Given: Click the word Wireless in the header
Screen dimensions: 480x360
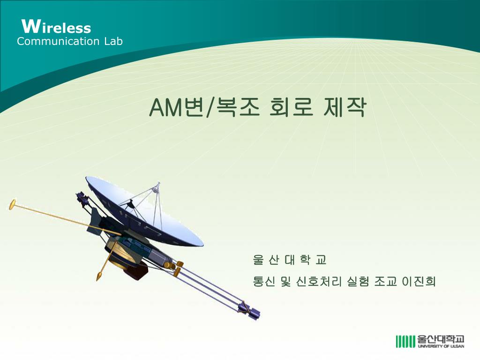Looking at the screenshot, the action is pos(56,26).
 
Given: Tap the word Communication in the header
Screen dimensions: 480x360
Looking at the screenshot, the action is pos(58,41).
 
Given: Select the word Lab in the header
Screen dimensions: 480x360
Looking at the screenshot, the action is pos(113,41).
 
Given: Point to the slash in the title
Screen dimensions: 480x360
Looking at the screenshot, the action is pos(210,108).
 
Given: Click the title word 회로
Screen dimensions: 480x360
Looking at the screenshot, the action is pos(292,107).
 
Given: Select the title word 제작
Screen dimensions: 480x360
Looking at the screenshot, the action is pos(345,107).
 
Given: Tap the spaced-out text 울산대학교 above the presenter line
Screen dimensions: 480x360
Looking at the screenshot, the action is pos(290,260).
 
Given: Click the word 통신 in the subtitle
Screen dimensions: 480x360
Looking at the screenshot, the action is pos(264,281).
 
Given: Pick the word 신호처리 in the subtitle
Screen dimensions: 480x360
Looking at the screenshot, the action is pos(319,281).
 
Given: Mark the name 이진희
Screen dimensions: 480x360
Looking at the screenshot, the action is pos(419,281).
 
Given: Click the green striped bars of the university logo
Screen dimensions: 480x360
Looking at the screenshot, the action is pos(405,342).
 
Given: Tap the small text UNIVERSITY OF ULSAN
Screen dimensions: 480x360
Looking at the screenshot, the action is pos(441,346).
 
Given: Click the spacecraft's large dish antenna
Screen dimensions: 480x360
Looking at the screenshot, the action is pos(144,211).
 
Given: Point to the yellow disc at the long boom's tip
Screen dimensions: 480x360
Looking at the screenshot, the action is pos(13,204).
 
